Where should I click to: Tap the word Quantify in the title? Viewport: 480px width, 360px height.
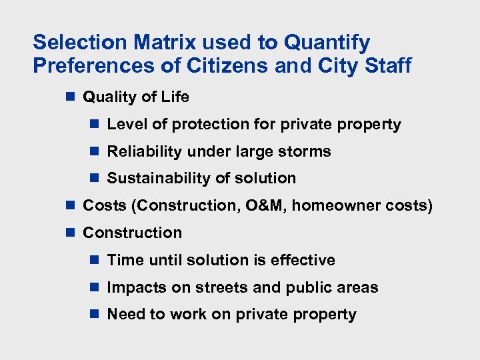(x=327, y=43)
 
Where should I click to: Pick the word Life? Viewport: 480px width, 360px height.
(x=174, y=97)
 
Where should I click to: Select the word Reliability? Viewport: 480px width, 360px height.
(x=145, y=152)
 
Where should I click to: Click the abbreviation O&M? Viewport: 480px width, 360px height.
(x=264, y=206)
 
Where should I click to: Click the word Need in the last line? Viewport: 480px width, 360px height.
(x=125, y=315)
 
